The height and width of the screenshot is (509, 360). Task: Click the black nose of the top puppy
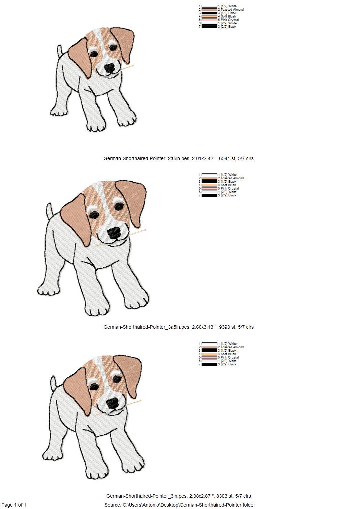click(110, 68)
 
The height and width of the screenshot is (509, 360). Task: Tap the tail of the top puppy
click(60, 51)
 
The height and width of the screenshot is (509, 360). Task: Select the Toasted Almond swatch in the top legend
click(209, 10)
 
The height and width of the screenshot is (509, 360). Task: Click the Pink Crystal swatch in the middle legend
click(209, 189)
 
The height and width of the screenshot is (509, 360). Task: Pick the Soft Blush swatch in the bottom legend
click(209, 354)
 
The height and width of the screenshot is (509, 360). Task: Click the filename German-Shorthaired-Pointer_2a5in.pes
click(146, 158)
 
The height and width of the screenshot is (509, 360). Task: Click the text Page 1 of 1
click(14, 505)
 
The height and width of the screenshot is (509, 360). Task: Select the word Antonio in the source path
click(151, 505)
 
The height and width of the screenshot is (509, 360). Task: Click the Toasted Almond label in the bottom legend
click(231, 347)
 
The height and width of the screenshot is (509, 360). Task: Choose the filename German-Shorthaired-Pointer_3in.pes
click(146, 496)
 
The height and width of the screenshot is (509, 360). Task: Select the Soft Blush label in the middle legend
click(227, 185)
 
